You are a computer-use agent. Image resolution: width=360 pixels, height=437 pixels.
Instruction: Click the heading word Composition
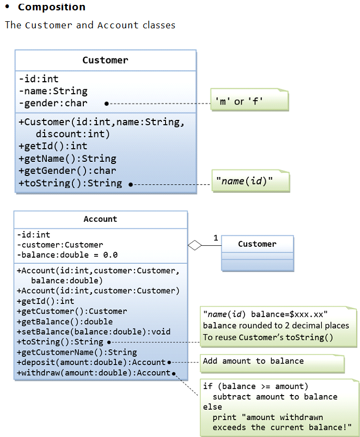pos(51,7)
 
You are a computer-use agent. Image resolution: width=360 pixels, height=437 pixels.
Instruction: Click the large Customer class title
pos(105,60)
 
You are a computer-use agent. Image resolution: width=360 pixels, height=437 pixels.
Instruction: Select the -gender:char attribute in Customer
pos(53,103)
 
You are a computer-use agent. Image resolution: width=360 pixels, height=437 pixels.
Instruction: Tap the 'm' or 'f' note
pos(239,101)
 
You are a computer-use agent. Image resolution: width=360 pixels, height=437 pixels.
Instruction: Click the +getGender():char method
pos(67,171)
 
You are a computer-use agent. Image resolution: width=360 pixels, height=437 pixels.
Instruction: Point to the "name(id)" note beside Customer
pos(245,181)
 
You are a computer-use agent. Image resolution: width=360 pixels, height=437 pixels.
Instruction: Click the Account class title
pos(100,219)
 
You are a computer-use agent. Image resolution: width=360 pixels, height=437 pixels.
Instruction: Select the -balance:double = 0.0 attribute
pos(68,255)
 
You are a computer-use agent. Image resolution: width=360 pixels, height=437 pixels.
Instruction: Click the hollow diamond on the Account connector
pos(194,245)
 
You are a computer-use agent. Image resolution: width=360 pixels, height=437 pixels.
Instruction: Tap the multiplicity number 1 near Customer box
pos(216,238)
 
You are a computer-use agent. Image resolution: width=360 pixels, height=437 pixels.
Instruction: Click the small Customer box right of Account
pos(257,245)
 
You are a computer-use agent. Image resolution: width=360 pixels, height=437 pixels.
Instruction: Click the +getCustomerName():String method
pos(77,353)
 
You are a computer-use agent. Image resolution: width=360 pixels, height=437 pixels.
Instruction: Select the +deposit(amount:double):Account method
pos(91,362)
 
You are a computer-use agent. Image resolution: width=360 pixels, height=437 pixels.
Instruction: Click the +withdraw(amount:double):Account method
pos(93,373)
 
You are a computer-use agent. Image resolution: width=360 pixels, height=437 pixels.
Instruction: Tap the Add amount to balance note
pos(253,361)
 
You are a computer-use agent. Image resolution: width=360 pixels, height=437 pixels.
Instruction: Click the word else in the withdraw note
pos(212,407)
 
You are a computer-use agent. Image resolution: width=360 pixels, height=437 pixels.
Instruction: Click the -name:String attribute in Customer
pos(53,91)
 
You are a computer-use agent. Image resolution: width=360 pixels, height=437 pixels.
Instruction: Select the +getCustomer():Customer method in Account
pos(72,311)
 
